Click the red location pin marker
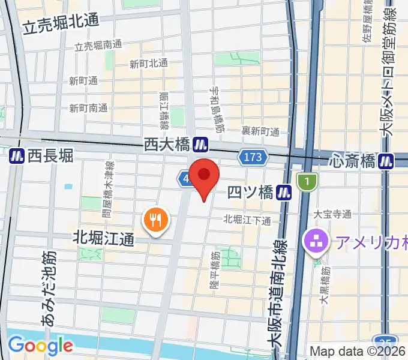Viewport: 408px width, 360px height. click(x=205, y=176)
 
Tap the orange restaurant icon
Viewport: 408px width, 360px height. click(x=155, y=220)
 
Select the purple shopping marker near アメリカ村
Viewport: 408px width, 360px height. click(x=316, y=242)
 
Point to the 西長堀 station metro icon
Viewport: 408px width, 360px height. click(x=17, y=156)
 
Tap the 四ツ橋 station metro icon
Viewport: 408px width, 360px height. click(x=284, y=193)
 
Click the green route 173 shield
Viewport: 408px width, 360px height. click(x=253, y=158)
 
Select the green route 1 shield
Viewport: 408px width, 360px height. click(x=307, y=181)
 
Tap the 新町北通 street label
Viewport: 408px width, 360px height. click(x=148, y=64)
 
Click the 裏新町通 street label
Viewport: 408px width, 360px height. click(x=260, y=131)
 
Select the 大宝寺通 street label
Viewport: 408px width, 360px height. click(x=332, y=214)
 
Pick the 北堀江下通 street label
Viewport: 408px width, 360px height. click(x=247, y=219)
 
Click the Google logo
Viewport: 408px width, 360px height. click(x=40, y=346)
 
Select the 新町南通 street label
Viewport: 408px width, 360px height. click(x=88, y=108)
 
